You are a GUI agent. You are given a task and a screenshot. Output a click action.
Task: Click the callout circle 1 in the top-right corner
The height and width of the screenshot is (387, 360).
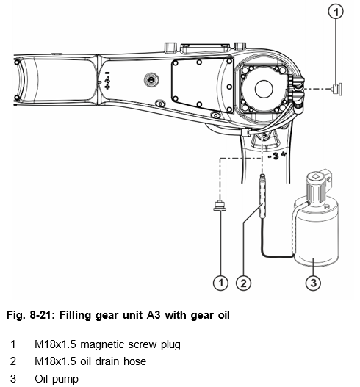pyautogui.click(x=336, y=12)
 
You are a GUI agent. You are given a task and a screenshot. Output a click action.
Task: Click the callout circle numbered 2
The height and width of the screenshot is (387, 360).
pyautogui.click(x=243, y=283)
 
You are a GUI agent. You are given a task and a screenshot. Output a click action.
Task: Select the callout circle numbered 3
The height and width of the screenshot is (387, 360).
pyautogui.click(x=313, y=283)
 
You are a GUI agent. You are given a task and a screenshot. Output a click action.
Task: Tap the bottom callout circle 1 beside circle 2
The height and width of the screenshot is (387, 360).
pyautogui.click(x=220, y=283)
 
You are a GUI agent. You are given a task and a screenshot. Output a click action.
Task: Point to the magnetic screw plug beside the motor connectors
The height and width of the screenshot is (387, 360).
pyautogui.click(x=337, y=89)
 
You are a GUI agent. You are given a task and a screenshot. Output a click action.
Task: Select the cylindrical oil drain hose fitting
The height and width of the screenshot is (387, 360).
pyautogui.click(x=262, y=196)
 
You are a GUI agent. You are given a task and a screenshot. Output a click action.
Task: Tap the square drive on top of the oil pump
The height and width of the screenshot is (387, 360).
pyautogui.click(x=315, y=176)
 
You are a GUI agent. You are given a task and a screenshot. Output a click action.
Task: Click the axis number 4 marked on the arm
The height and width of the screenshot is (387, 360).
pyautogui.click(x=107, y=80)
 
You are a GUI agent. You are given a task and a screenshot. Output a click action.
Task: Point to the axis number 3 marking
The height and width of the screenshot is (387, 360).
pyautogui.click(x=276, y=156)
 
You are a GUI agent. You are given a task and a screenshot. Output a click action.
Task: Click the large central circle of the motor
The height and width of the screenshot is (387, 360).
pyautogui.click(x=264, y=89)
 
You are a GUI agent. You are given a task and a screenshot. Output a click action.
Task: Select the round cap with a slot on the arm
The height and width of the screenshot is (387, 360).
pyautogui.click(x=151, y=80)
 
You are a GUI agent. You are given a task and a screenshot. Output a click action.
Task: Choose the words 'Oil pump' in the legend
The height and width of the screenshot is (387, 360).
pyautogui.click(x=57, y=379)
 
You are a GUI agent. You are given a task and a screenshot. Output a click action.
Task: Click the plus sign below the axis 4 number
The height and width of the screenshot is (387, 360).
pyautogui.click(x=107, y=87)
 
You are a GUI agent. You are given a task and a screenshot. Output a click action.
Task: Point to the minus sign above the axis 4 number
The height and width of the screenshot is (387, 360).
pyautogui.click(x=107, y=73)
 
